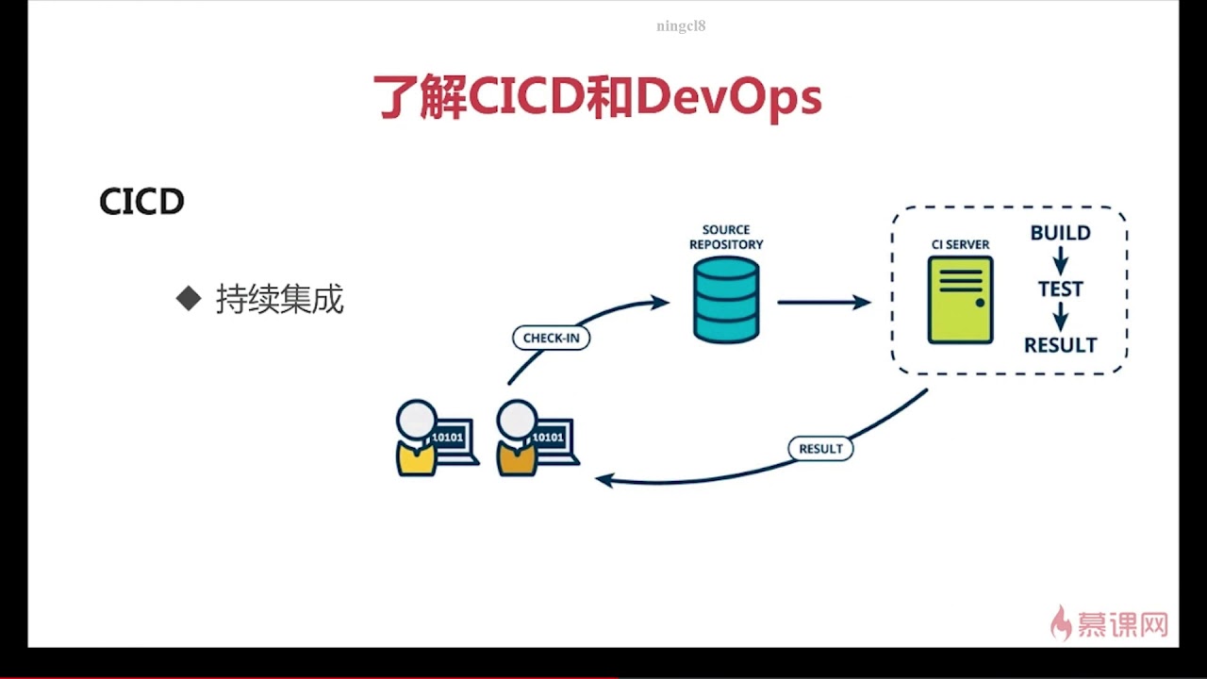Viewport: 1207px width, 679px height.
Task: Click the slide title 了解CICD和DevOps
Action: pyautogui.click(x=598, y=98)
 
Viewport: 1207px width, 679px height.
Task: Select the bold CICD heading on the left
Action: pyautogui.click(x=141, y=202)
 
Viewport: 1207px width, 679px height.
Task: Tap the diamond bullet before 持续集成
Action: pyautogui.click(x=189, y=299)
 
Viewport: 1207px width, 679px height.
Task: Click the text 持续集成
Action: pyautogui.click(x=280, y=299)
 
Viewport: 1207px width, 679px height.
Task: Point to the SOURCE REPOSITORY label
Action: pyautogui.click(x=725, y=237)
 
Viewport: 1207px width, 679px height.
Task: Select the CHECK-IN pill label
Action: pyautogui.click(x=551, y=338)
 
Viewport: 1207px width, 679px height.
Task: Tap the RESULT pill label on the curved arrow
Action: pyautogui.click(x=819, y=448)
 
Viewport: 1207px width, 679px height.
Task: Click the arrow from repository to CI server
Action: pyautogui.click(x=823, y=302)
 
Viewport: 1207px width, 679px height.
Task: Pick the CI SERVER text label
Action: pyautogui.click(x=960, y=244)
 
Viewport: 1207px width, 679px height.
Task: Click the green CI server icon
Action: pyautogui.click(x=960, y=299)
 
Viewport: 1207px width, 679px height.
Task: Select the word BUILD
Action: pyautogui.click(x=1060, y=233)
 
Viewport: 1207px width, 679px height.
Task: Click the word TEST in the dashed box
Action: pyautogui.click(x=1060, y=289)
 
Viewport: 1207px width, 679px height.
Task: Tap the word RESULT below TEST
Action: pyautogui.click(x=1060, y=345)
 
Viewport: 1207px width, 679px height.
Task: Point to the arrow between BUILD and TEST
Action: pyautogui.click(x=1060, y=259)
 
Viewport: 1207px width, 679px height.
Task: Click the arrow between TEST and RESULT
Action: pyautogui.click(x=1060, y=316)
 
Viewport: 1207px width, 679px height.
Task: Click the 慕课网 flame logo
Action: pyautogui.click(x=1062, y=623)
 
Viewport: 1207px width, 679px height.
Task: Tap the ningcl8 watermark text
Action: pyautogui.click(x=681, y=26)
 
